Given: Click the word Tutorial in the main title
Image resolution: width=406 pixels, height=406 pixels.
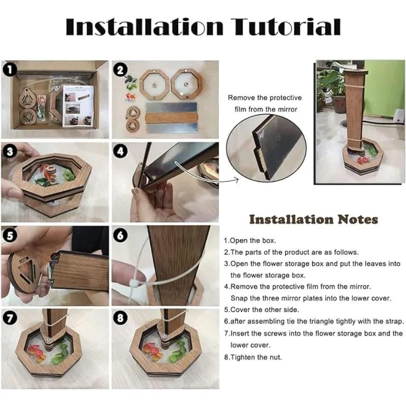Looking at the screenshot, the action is coord(286,27).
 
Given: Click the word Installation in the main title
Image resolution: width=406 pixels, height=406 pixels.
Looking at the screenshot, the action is coord(145,27).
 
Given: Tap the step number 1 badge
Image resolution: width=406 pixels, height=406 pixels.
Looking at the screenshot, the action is coord(10,70).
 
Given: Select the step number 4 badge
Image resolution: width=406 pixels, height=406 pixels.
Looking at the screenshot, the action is coord(120,151).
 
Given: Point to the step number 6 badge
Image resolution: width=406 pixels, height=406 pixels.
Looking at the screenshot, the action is coord(120,235).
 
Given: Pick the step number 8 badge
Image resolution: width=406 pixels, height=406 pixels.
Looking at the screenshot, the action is coord(120,318).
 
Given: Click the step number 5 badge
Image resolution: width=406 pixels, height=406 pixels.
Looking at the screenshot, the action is coord(10,235).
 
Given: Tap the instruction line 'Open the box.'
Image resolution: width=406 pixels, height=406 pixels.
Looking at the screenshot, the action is coord(250,241).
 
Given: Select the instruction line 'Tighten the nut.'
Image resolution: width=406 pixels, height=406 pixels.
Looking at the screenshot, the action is coord(253,357).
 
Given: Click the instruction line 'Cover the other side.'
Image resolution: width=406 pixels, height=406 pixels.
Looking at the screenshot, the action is coord(261,310).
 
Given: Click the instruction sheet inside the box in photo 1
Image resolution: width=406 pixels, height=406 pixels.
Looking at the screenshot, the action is coord(78,106).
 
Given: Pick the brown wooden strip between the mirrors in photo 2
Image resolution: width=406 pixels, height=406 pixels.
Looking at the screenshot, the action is coord(171,118).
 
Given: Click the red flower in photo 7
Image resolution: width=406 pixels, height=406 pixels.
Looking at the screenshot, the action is coord(36,352).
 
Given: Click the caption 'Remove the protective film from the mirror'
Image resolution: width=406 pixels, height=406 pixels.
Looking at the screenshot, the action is coord(265,104).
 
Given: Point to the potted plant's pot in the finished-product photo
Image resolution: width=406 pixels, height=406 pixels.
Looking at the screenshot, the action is coord(339,104).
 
